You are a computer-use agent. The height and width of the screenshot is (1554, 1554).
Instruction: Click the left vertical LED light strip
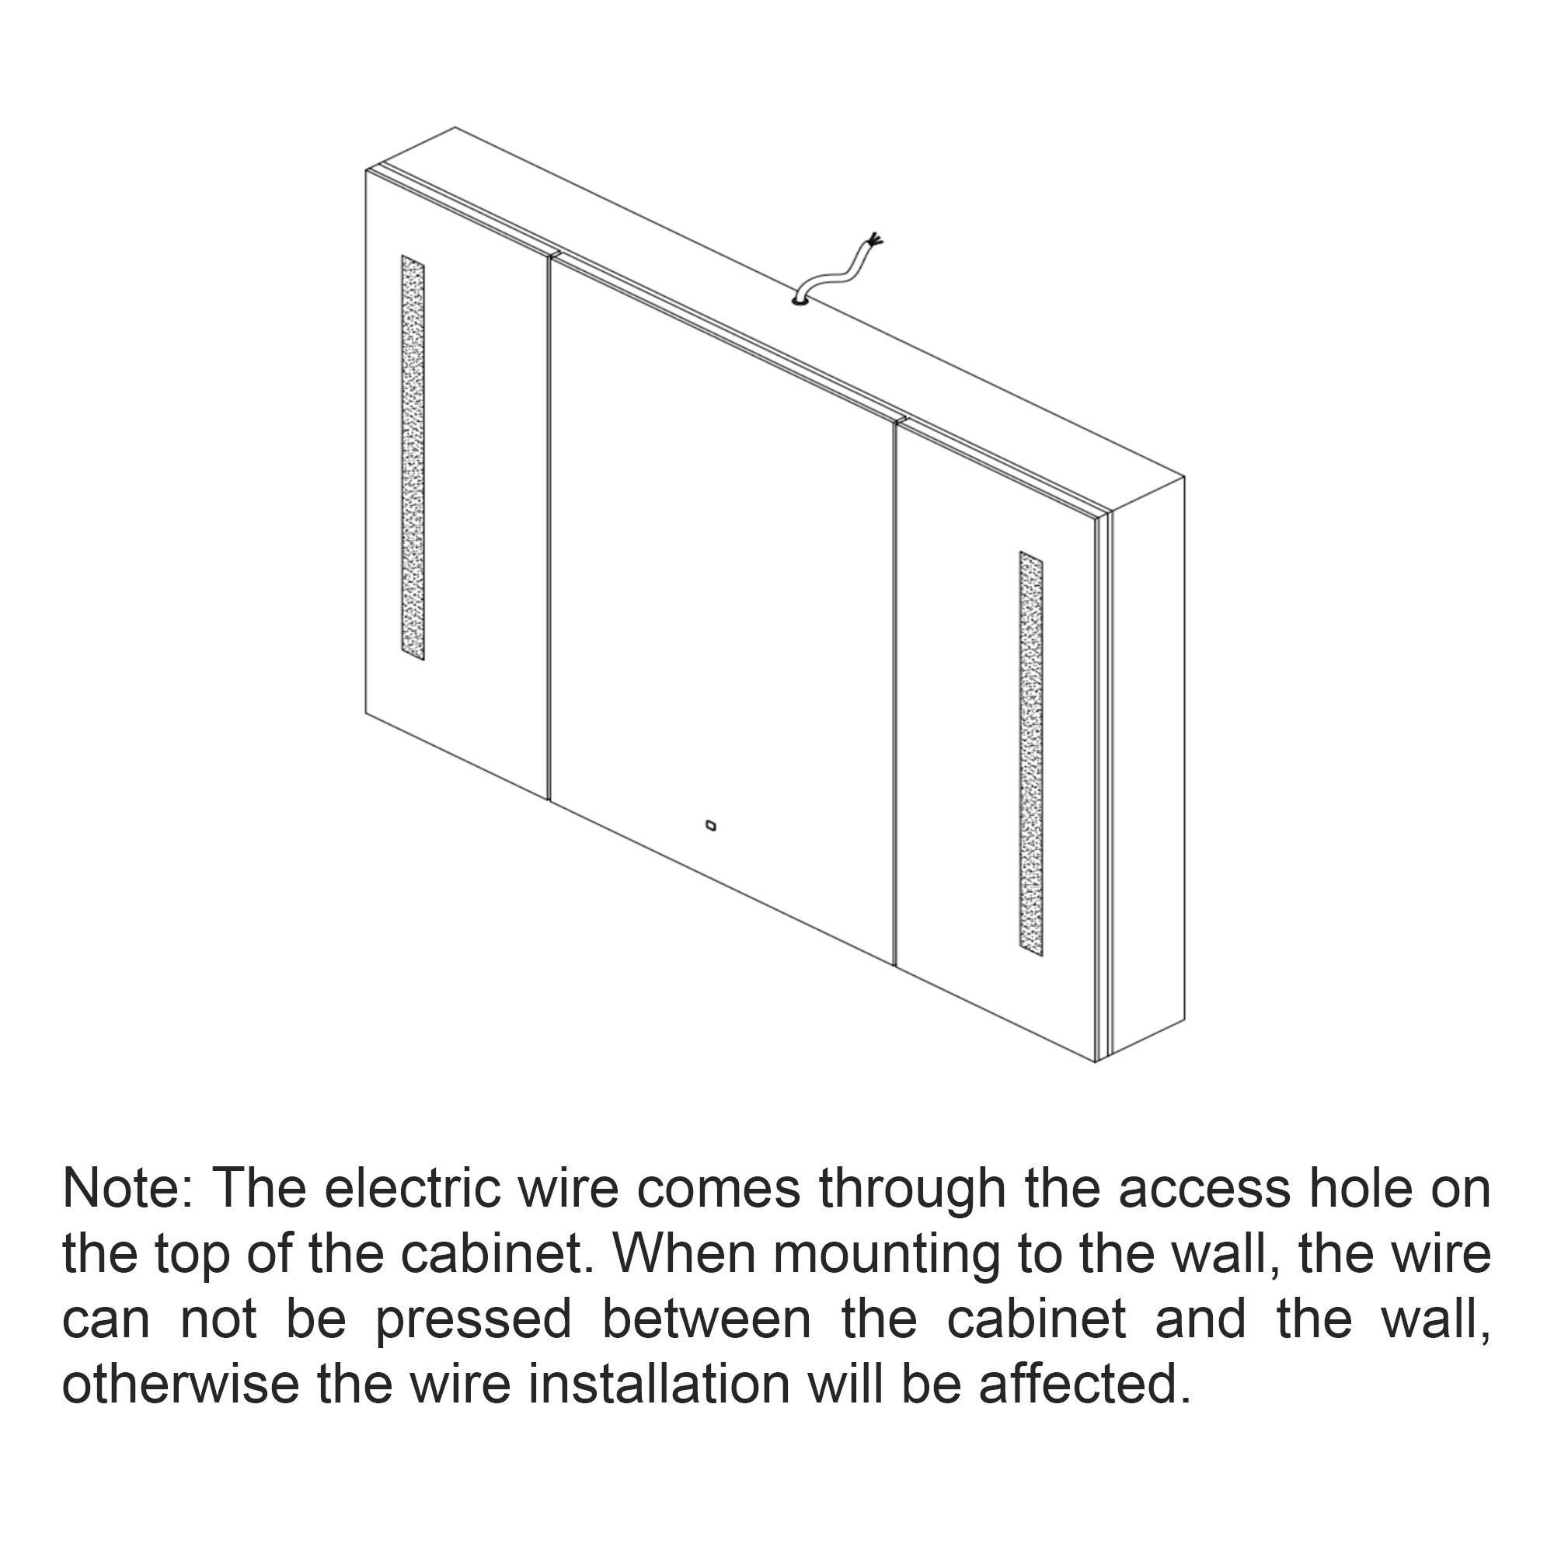coord(413,458)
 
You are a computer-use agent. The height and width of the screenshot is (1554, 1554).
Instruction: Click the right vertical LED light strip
coord(1031,754)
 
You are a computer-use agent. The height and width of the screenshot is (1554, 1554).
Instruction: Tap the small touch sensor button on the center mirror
coord(710,825)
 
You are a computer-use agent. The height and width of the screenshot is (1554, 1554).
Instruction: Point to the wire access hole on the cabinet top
coord(800,302)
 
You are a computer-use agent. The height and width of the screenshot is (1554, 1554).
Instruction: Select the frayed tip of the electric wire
coord(874,239)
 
